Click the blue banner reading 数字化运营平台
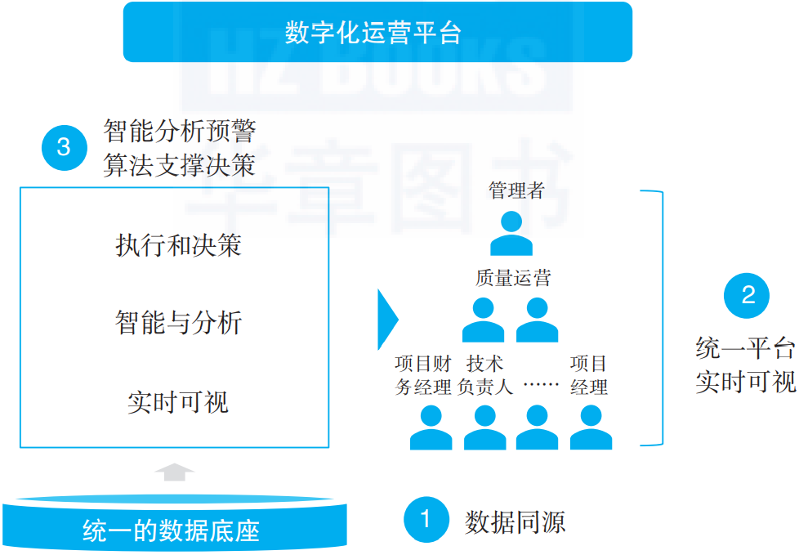coord(377,32)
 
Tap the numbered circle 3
coord(64,148)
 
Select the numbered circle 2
coord(748,295)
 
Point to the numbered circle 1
coord(426,520)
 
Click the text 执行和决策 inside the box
coord(178,246)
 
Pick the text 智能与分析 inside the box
coord(178,323)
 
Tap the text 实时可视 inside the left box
coord(178,402)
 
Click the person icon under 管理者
coord(511,234)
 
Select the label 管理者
coord(516,191)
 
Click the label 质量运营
coord(513,278)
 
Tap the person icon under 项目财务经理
coord(431,428)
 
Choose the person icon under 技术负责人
coord(484,428)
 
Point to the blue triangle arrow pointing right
coord(386,319)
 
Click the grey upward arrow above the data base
coord(174,472)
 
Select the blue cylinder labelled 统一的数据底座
coord(174,523)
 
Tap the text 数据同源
coord(515,521)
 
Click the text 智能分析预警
coord(180,132)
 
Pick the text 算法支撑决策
coord(180,165)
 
